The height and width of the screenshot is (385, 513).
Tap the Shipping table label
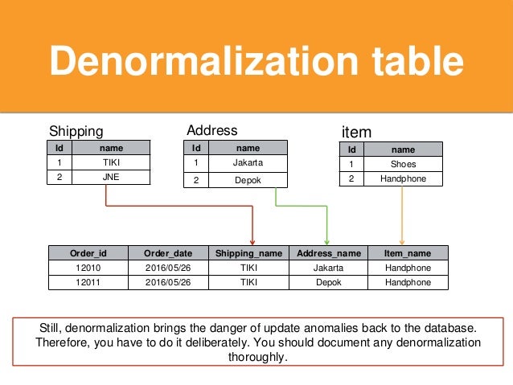76,131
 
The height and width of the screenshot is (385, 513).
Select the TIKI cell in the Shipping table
111,162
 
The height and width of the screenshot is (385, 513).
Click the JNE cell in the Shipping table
111,177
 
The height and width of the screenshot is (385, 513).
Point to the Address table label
211,130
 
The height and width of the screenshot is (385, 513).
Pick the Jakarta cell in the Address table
248,162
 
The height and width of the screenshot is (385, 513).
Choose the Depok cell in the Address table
248,180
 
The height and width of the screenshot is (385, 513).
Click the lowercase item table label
356,132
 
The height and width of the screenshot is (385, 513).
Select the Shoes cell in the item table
403,164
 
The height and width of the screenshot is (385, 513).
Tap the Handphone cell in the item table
403,178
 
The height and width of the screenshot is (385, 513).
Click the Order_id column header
88,253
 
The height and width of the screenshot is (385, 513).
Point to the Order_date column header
167,253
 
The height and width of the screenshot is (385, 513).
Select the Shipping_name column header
248,253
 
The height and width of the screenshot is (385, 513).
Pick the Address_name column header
328,253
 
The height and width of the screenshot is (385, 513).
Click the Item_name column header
408,253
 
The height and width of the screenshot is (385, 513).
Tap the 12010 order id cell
88,268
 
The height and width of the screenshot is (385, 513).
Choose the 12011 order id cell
88,282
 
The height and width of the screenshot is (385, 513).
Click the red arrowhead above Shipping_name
252,241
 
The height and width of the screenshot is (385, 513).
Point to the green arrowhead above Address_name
326,241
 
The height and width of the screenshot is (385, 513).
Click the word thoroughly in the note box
257,358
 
